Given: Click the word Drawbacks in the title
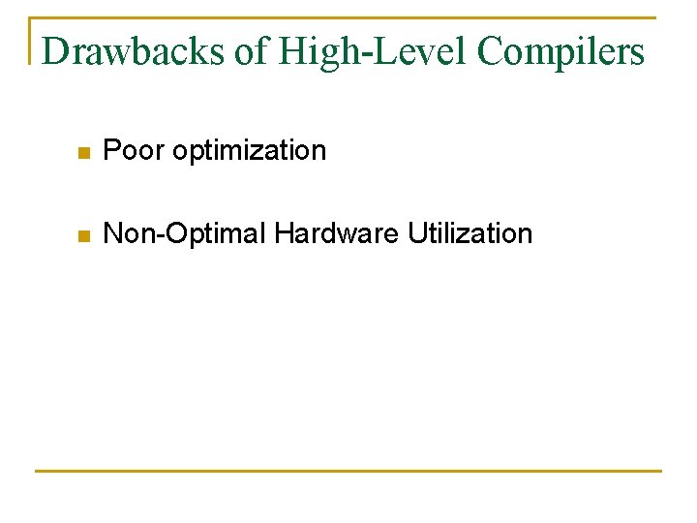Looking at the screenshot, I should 134,51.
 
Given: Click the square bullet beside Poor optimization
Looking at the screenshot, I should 84,152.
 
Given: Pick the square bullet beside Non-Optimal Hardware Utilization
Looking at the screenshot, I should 84,235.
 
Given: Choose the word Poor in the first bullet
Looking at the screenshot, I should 134,150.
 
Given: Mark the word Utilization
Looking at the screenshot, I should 470,233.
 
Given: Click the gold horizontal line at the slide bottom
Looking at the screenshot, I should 348,471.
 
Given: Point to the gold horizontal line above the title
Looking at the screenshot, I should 348,17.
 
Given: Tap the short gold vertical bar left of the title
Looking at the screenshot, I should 31,41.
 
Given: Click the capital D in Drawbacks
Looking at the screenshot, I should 56,51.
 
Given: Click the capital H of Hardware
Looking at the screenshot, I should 283,233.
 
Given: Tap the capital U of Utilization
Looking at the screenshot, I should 416,233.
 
